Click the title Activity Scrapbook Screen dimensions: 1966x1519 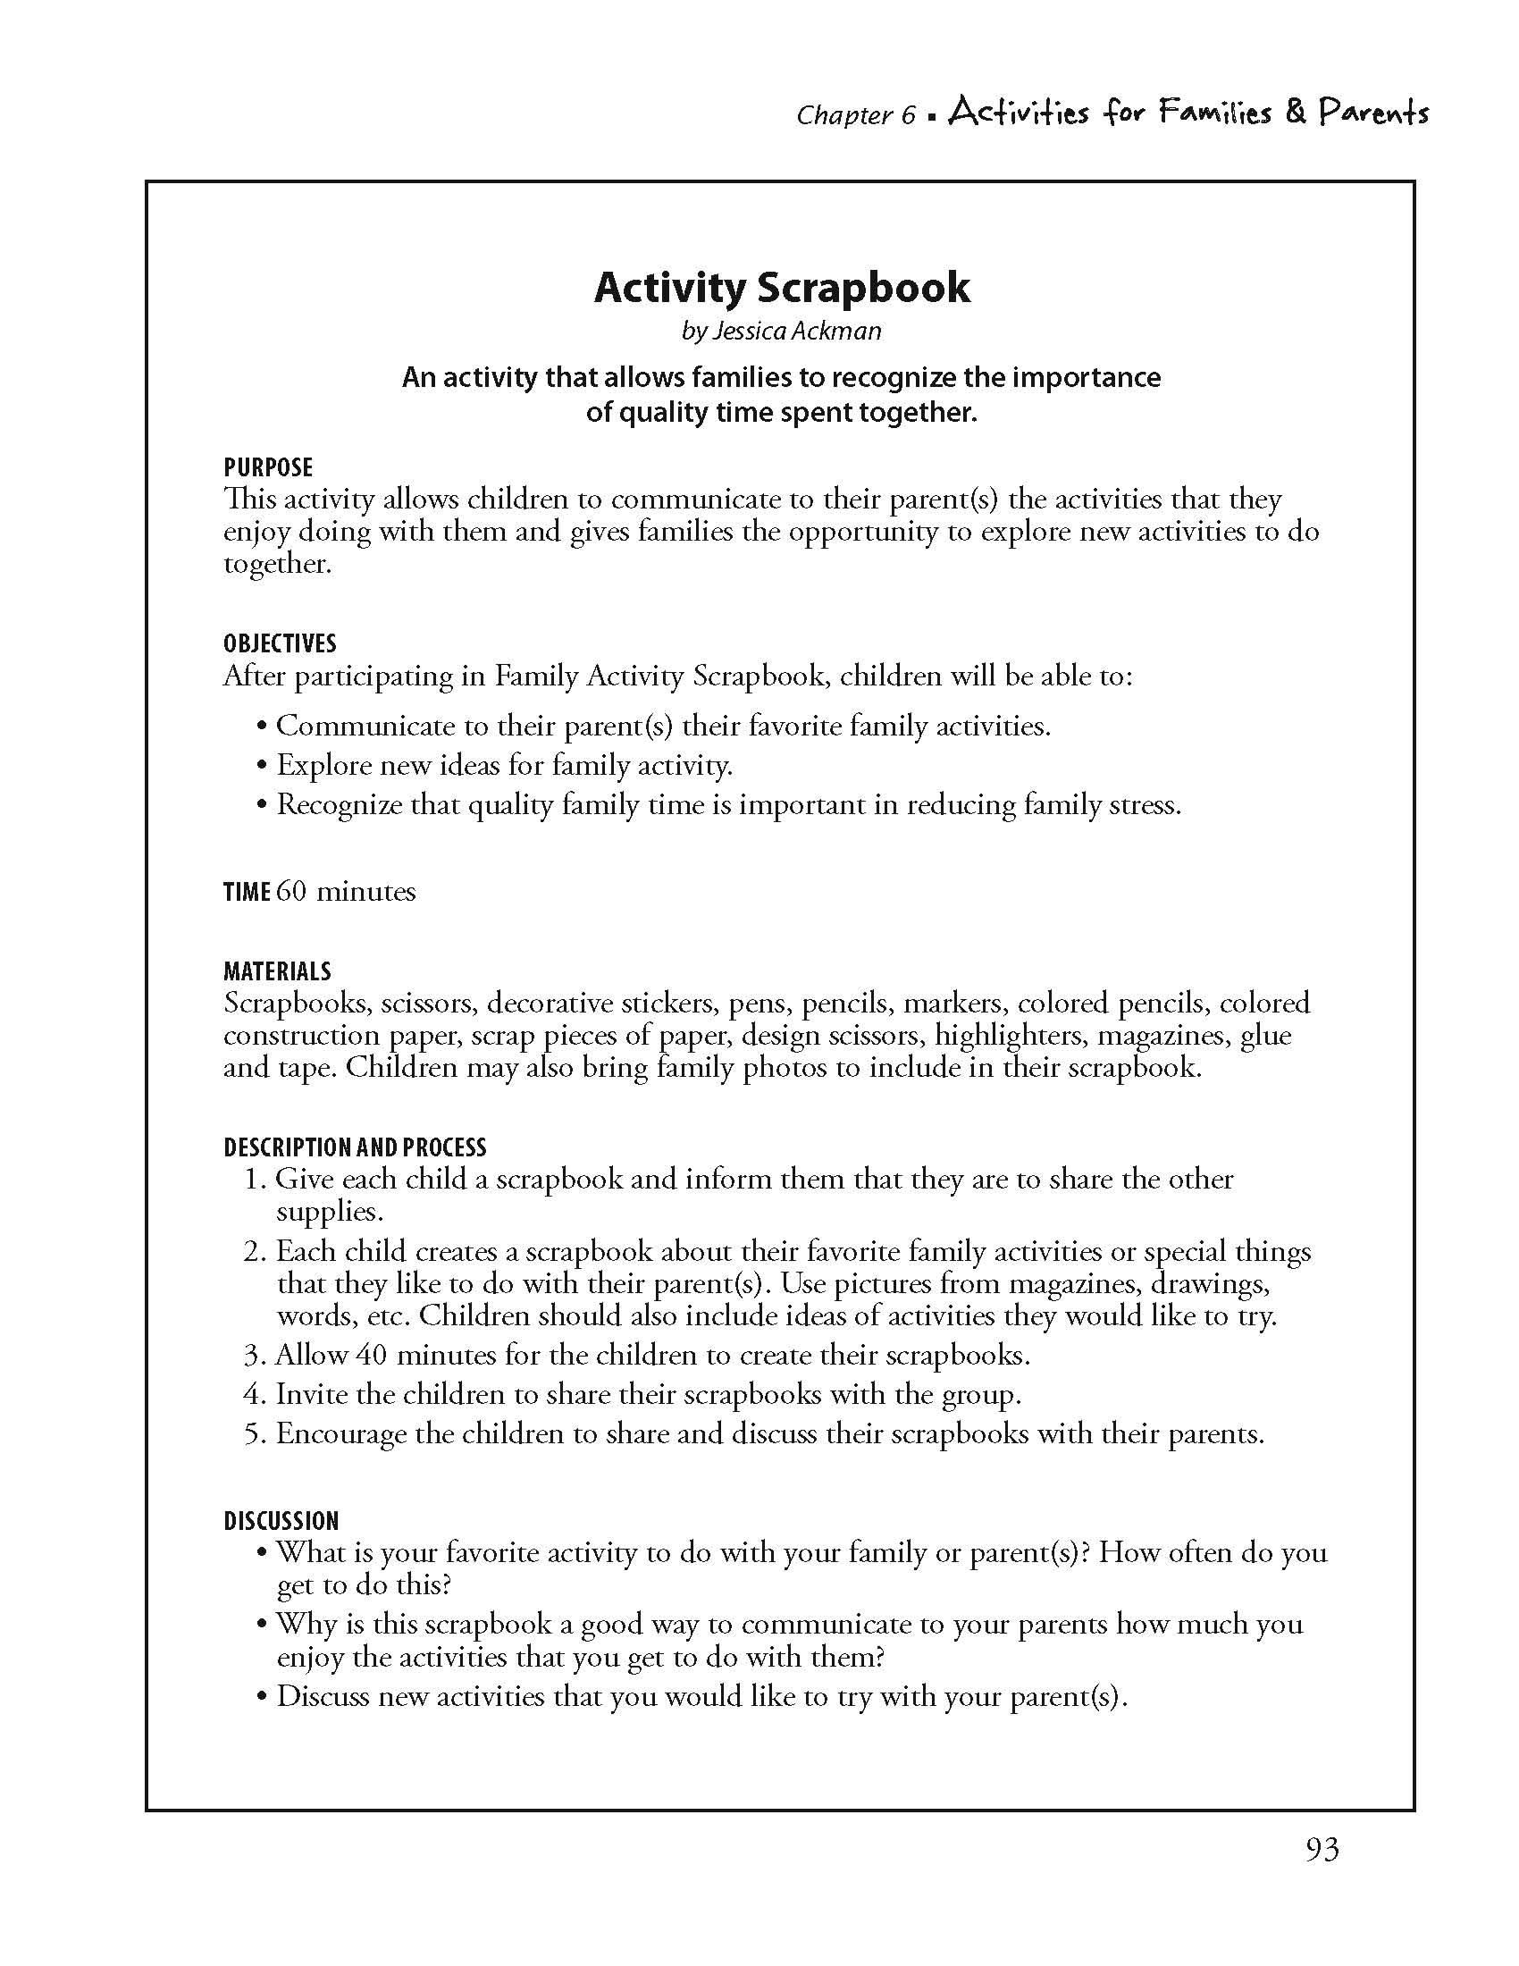[781, 288]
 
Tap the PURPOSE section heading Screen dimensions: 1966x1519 [268, 467]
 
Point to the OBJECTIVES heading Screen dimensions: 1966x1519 [279, 643]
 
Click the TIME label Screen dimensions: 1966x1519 [247, 892]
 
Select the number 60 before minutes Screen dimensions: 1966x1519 [291, 891]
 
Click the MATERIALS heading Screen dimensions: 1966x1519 [277, 971]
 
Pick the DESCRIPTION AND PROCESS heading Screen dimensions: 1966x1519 [355, 1147]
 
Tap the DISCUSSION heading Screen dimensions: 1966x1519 [281, 1521]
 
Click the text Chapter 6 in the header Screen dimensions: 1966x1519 [855, 115]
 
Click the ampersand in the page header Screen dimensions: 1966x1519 [1295, 112]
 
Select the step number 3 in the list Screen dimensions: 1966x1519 [252, 1356]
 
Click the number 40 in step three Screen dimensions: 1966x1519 [371, 1355]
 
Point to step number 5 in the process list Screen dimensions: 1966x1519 [252, 1434]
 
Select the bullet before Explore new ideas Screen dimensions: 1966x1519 [262, 766]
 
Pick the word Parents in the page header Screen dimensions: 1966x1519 [1373, 113]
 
